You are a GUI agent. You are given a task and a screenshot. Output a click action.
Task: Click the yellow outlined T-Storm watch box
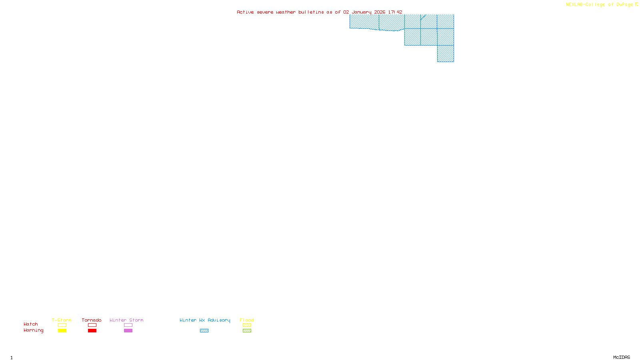point(62,325)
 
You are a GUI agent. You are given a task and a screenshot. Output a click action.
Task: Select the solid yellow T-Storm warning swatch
point(62,331)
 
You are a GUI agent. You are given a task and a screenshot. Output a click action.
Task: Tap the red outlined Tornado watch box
point(92,325)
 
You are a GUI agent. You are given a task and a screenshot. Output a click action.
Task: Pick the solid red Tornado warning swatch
point(92,331)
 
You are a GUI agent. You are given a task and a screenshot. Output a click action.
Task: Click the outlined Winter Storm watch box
point(128,325)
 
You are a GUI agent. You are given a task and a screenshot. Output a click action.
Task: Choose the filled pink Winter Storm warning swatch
point(128,331)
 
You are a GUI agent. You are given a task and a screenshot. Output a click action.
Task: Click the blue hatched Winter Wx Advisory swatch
point(204,331)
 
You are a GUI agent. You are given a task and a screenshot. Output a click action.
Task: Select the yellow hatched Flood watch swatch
point(247,325)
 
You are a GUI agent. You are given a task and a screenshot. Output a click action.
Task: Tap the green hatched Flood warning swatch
point(247,331)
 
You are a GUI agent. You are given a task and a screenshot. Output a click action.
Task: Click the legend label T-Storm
point(62,320)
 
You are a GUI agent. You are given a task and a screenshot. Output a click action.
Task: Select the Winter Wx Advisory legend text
point(205,320)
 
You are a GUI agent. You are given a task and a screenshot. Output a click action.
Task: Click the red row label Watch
point(31,324)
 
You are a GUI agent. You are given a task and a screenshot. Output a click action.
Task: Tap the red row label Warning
point(33,330)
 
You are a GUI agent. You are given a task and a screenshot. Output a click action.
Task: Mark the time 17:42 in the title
point(395,12)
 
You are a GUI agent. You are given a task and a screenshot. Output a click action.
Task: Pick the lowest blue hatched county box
point(446,54)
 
